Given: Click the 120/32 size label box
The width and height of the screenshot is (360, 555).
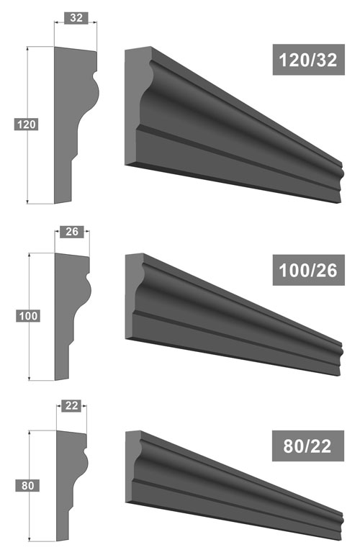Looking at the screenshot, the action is pyautogui.click(x=308, y=60).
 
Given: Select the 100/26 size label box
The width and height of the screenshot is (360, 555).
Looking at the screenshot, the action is pyautogui.click(x=308, y=270).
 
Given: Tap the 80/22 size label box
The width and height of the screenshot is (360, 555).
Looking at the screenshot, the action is pyautogui.click(x=308, y=446).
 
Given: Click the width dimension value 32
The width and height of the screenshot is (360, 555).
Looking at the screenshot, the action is pyautogui.click(x=76, y=18).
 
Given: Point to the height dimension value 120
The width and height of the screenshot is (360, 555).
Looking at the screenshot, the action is pyautogui.click(x=26, y=125).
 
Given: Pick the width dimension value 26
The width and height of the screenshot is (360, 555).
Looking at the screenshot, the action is pyautogui.click(x=72, y=232).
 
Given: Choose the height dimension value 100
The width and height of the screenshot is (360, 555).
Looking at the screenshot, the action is pyautogui.click(x=28, y=316).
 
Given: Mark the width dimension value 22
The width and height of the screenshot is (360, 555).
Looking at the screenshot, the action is pyautogui.click(x=71, y=405).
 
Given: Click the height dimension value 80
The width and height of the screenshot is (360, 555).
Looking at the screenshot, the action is pyautogui.click(x=27, y=485).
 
